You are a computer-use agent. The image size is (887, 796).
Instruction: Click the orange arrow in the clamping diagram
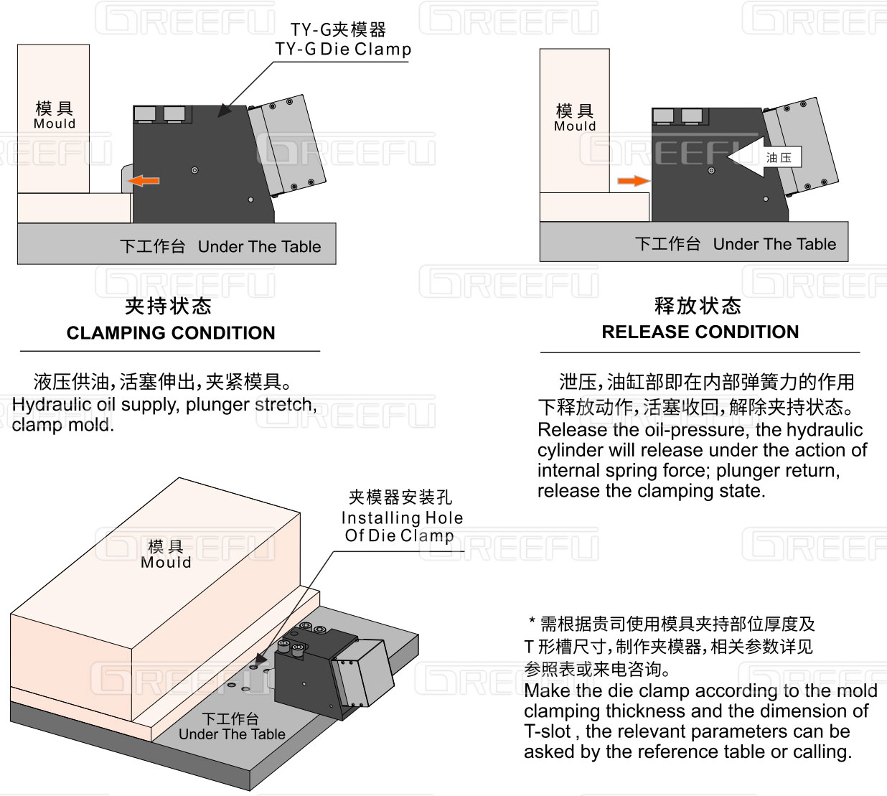click(144, 181)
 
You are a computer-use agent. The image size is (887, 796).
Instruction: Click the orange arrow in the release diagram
click(633, 181)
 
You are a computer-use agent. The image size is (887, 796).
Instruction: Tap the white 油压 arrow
click(761, 158)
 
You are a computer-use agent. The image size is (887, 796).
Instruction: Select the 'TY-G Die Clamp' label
click(343, 50)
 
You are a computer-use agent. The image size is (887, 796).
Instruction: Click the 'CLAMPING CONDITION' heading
click(171, 333)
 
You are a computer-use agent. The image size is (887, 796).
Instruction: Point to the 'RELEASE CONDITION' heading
click(700, 332)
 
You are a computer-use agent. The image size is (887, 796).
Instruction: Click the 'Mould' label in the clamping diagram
click(55, 123)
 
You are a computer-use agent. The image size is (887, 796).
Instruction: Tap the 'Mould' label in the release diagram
click(575, 126)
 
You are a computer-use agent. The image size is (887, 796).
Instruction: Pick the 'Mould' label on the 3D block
click(166, 563)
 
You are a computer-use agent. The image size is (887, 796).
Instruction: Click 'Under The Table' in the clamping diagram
click(259, 247)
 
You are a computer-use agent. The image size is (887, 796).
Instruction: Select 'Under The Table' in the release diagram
click(774, 244)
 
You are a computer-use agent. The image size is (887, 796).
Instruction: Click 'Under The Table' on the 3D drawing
click(232, 734)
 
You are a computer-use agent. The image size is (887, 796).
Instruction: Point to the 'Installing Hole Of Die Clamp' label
click(401, 526)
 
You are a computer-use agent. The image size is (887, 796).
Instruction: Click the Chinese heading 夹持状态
click(168, 306)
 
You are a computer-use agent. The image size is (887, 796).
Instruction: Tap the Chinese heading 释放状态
click(698, 306)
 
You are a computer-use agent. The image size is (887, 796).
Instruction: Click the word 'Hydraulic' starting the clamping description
click(46, 405)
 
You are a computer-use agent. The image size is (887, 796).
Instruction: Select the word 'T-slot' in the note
click(548, 731)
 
